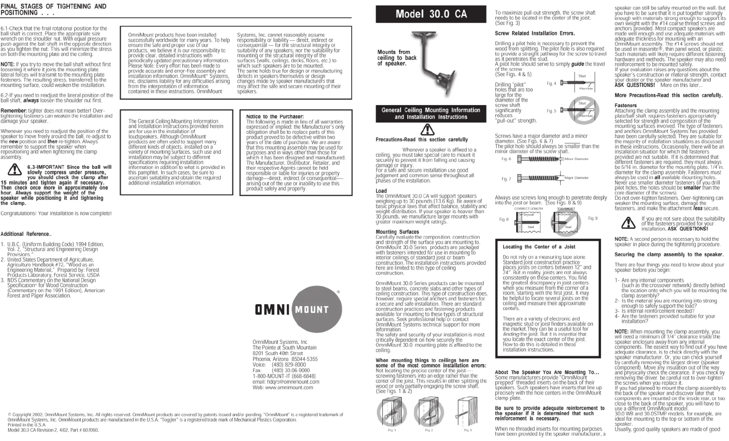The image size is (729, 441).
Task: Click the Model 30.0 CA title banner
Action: click(x=431, y=14)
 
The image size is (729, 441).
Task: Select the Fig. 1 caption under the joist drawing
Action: click(x=392, y=430)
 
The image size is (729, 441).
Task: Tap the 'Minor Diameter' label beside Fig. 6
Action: click(x=576, y=159)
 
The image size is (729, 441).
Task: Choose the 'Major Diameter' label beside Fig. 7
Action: click(x=576, y=178)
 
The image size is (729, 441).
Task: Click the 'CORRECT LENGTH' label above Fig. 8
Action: click(x=528, y=209)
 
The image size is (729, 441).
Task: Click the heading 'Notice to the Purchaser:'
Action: click(x=275, y=116)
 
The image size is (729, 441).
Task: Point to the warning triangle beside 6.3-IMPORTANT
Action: click(x=14, y=170)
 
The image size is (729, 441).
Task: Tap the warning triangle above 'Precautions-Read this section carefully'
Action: click(x=427, y=129)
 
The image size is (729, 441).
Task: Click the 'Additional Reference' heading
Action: click(x=26, y=234)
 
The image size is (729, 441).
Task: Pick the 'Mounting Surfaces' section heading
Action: click(x=397, y=232)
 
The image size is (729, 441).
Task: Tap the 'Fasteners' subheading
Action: click(x=625, y=106)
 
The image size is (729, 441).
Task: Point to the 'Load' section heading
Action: click(x=381, y=191)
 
